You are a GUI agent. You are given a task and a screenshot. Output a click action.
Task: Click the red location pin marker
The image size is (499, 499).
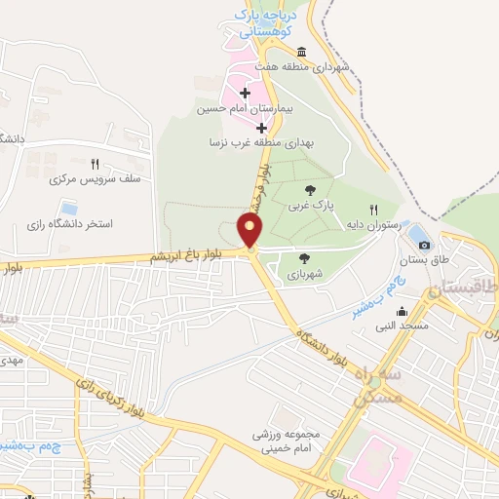[x=250, y=231]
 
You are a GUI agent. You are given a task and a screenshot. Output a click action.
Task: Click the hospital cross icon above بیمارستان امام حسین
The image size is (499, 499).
[x=244, y=92]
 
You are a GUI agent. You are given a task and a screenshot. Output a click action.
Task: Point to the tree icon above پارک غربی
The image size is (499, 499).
[x=310, y=189]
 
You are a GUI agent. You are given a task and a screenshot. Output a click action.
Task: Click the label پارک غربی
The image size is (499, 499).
[x=310, y=207]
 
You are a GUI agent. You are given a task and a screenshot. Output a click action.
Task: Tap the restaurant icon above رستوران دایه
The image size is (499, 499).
[x=373, y=210]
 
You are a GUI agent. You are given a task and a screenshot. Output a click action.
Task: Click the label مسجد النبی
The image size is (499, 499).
[x=404, y=325]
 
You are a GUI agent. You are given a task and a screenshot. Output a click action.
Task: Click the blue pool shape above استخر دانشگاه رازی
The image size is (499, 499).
[x=69, y=208]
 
